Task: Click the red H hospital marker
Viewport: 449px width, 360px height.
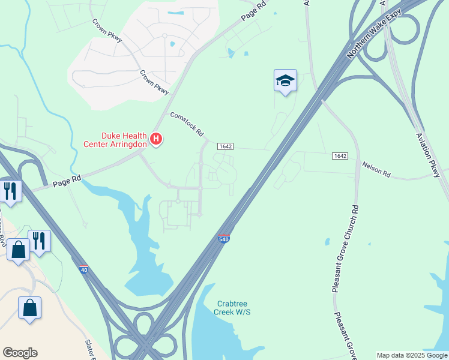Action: point(156,139)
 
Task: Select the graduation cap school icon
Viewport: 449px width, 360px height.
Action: point(285,80)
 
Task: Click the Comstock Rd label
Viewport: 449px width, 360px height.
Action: point(187,124)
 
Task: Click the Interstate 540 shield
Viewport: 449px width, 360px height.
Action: point(223,239)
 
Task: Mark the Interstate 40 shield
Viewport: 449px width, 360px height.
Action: point(83,270)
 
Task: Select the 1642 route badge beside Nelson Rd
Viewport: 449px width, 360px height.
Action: point(340,156)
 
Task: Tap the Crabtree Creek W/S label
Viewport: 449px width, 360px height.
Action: point(233,308)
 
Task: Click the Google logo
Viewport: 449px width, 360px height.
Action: point(20,353)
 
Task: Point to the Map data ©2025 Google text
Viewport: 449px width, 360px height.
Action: point(412,355)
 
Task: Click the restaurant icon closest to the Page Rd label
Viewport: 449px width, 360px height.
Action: point(11,191)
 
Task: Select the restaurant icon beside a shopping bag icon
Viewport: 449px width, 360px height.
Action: point(40,241)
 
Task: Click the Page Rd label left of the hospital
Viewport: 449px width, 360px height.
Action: point(66,178)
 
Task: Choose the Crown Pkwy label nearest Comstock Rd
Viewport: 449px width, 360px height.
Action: point(155,83)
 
